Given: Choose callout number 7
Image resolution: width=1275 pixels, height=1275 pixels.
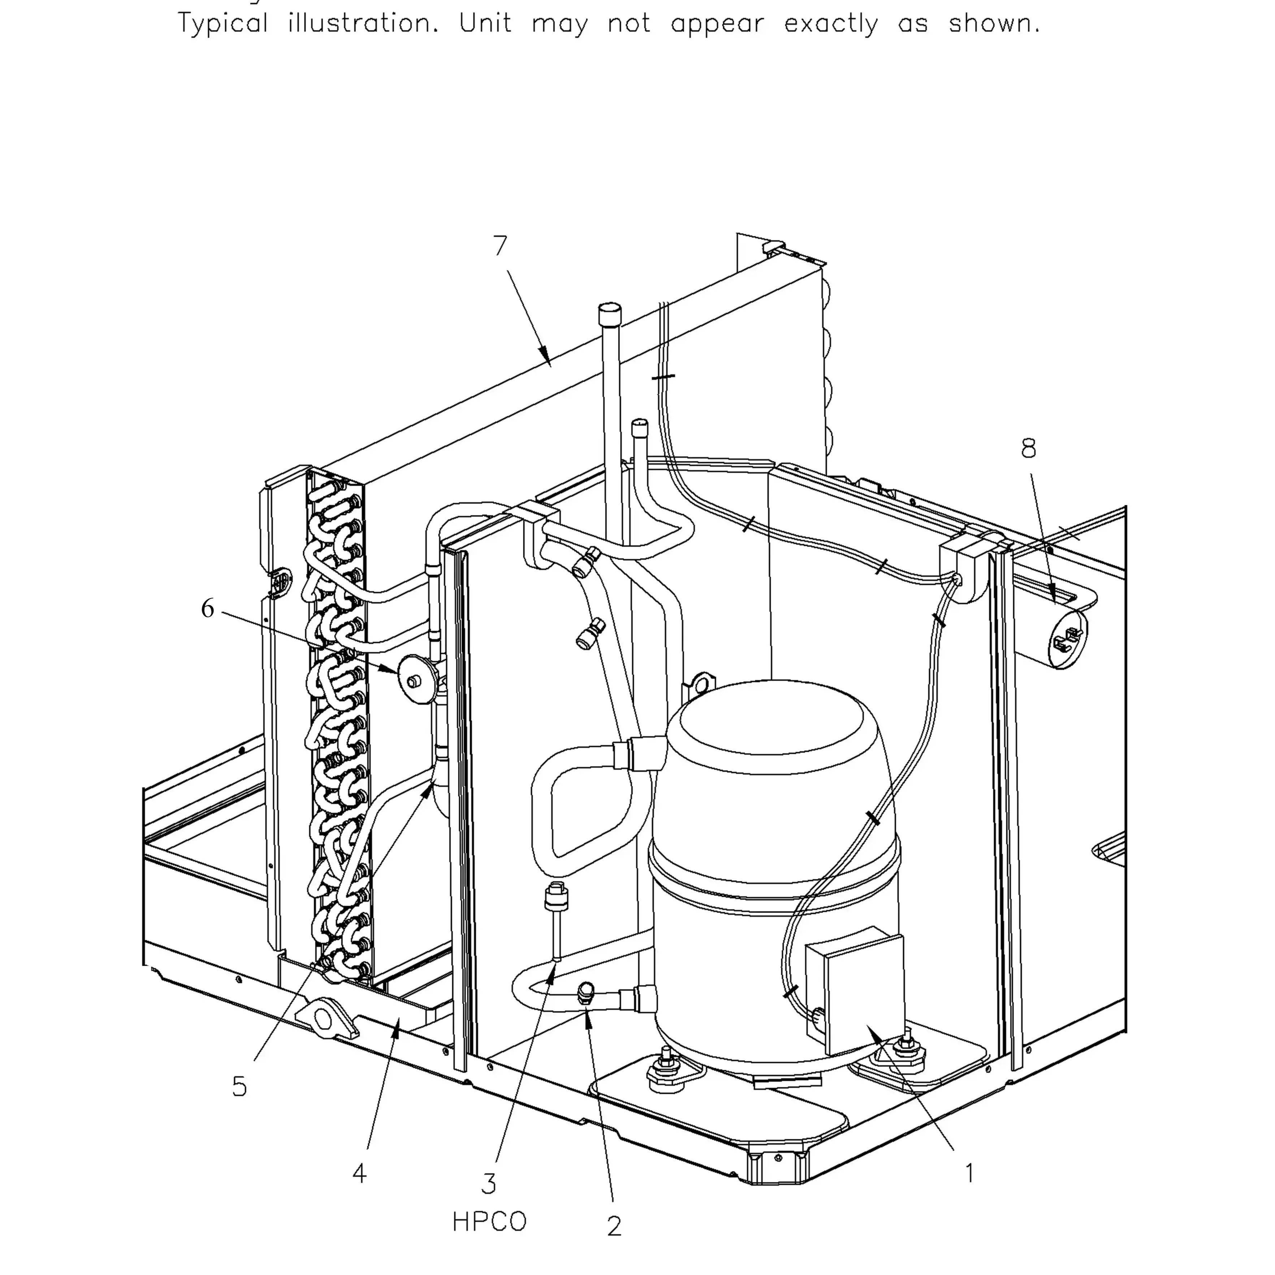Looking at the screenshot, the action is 500,246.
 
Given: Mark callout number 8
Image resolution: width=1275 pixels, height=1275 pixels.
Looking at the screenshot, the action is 1028,448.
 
